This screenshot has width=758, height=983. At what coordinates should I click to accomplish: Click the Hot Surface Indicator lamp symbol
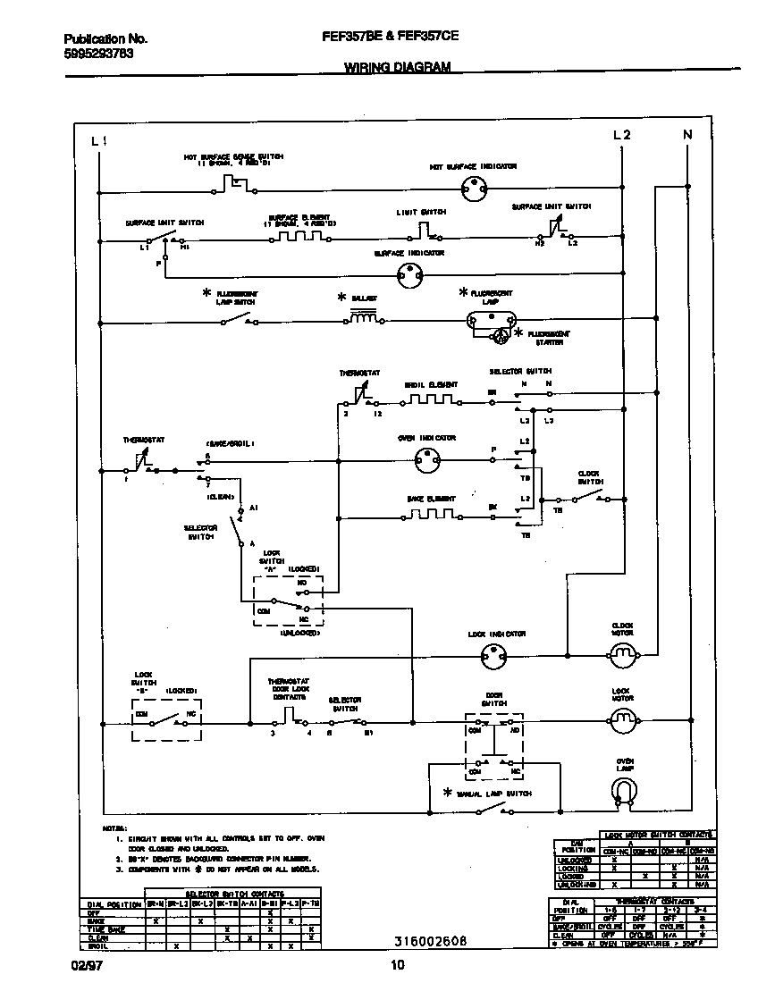pos(471,188)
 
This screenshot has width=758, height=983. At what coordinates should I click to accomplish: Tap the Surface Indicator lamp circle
pos(408,275)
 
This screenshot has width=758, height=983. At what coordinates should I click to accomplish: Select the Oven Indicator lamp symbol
pos(426,460)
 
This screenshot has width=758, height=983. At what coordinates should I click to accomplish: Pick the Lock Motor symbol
pos(622,718)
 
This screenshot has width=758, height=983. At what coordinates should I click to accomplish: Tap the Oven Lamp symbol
pos(623,788)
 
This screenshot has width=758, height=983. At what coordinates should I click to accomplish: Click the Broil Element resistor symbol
pos(430,402)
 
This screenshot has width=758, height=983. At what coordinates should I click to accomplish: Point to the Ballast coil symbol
pos(363,319)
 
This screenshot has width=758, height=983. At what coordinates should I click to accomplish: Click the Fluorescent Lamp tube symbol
pos(493,320)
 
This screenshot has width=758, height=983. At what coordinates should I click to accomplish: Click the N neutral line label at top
pos(687,135)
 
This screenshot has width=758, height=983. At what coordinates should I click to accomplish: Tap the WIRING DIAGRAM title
pos(397,67)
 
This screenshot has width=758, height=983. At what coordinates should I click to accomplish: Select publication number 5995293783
pos(98,54)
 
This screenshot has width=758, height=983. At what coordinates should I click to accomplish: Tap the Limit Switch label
pos(421,213)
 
